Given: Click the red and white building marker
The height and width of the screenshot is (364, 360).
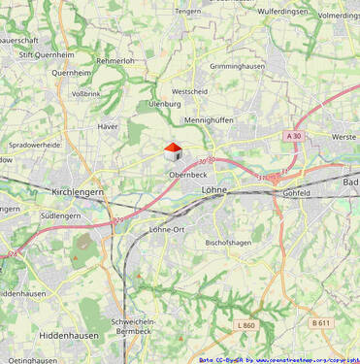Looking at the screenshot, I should [172, 151].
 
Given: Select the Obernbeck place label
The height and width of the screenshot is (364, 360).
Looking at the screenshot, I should [188, 175].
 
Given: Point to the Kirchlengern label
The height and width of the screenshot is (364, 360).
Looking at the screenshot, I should [77, 193].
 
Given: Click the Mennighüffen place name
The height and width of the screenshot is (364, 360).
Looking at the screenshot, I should [212, 121].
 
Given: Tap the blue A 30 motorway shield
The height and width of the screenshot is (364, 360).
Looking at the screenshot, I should [295, 137].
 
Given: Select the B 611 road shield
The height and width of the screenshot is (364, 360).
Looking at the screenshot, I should [321, 322].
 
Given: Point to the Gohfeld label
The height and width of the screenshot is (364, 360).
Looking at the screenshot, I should [297, 193].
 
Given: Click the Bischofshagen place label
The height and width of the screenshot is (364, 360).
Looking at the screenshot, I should [230, 243].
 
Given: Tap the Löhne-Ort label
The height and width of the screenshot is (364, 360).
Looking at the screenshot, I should [167, 229].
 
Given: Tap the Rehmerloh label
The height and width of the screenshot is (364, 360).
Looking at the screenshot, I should [115, 60].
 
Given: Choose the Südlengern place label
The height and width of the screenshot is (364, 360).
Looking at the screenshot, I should [61, 215].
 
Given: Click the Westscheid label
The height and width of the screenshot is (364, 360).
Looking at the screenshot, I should [189, 91].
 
